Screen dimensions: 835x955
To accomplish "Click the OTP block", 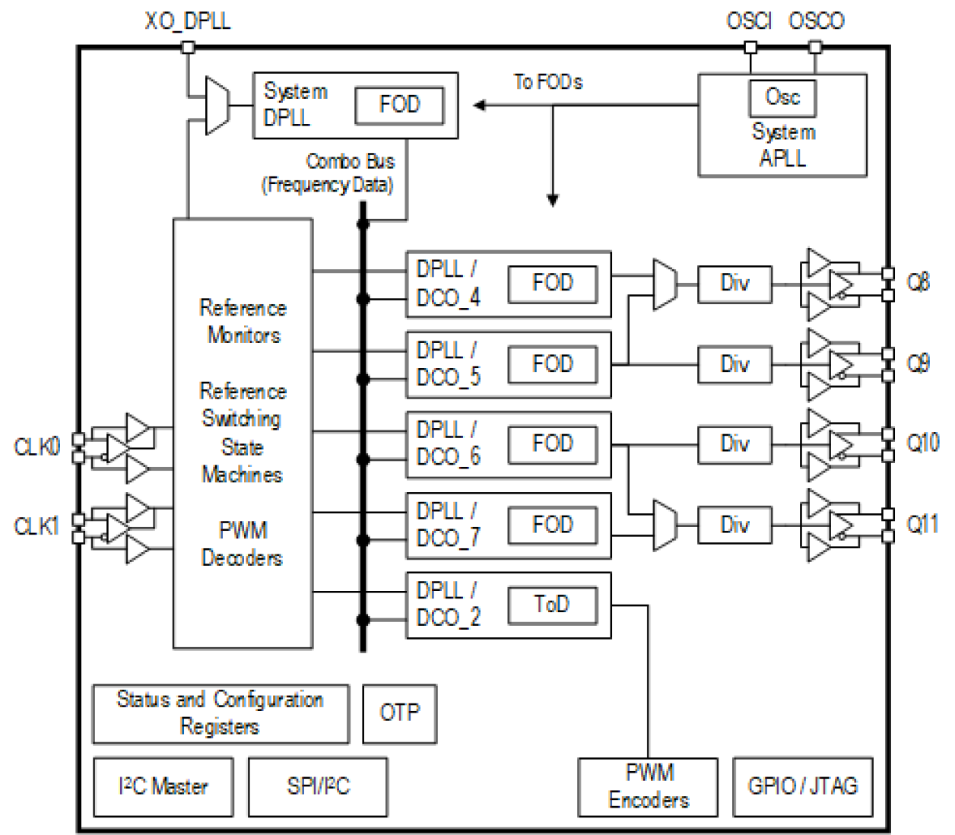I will coord(399,713).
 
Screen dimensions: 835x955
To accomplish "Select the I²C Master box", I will coord(163,786).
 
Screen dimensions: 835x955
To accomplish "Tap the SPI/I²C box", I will coord(318,786).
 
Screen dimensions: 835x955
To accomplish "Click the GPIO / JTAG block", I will coord(802,786).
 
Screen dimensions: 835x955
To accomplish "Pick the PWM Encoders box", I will coord(649,786).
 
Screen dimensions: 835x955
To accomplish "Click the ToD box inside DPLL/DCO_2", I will coord(552,605).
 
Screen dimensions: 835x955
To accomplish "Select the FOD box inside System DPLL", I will coord(399,105).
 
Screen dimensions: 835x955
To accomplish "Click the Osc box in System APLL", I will coord(782,97).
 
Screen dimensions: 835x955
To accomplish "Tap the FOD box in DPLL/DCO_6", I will coord(552,444).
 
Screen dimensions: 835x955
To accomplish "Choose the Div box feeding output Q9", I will coord(734,364).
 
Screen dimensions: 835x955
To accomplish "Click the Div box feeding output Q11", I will coord(734,525).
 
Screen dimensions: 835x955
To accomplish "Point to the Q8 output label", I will coord(919,283).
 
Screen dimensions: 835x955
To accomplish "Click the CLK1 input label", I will coord(36,526).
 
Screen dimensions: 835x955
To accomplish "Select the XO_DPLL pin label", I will coord(187,21).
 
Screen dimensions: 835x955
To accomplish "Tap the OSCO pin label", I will coord(817,21).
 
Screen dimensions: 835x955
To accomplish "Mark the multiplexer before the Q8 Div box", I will coord(665,284).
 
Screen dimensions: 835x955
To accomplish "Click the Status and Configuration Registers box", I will coord(221,713).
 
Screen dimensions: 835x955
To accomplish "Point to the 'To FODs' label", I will coord(548,81).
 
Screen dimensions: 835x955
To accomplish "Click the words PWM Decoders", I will coord(242,544).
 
